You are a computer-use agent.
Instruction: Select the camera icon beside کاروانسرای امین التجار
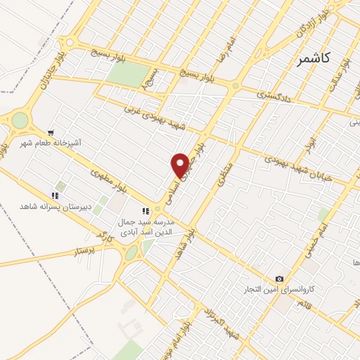(x=280, y=279)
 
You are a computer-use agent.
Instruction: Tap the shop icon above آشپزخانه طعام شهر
(x=51, y=132)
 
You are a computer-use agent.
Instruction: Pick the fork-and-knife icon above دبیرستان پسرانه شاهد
(x=54, y=195)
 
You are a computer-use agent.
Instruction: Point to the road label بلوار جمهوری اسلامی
(x=185, y=176)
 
